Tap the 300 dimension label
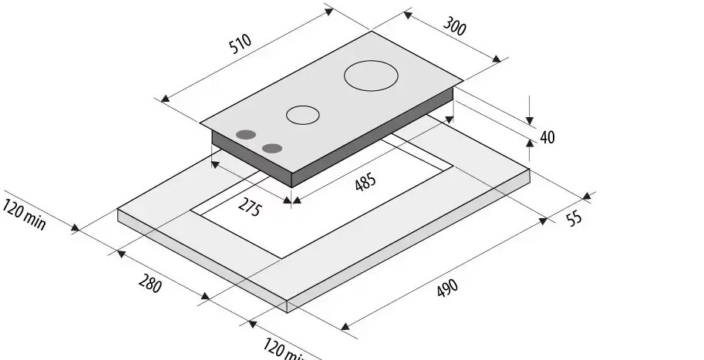pyautogui.click(x=455, y=26)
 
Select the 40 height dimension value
pyautogui.click(x=547, y=137)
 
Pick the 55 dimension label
pyautogui.click(x=574, y=218)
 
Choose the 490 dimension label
pyautogui.click(x=447, y=288)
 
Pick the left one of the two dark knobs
pyautogui.click(x=246, y=135)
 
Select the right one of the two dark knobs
pyautogui.click(x=271, y=148)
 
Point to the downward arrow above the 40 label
pyautogui.click(x=531, y=116)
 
